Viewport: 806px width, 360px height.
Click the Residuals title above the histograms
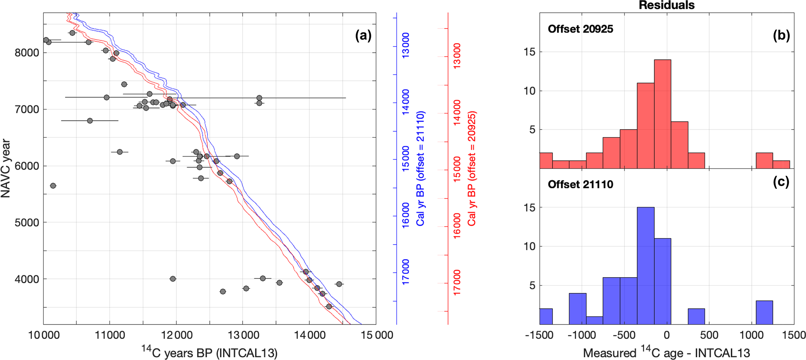pos(666,5)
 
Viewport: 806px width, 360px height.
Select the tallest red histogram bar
pos(663,114)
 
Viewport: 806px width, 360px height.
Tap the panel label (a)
pos(363,35)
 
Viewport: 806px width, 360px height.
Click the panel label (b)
pos(781,35)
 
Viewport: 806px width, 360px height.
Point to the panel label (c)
pos(781,182)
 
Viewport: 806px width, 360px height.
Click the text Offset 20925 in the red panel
pos(580,29)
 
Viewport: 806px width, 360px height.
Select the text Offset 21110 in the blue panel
pos(580,184)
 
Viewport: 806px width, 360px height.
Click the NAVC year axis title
pos(5,168)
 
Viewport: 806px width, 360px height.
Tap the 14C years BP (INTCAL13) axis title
pos(209,352)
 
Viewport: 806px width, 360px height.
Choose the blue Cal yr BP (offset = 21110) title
pos(420,168)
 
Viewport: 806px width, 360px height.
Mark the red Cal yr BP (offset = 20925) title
pos(472,168)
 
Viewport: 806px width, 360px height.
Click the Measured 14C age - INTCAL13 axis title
pos(666,353)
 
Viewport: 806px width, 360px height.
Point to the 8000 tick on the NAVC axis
pos(27,53)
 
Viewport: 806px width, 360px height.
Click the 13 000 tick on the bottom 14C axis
pos(243,335)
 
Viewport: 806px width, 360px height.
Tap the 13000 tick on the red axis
pos(457,56)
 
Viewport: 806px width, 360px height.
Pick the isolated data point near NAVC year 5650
pos(53,186)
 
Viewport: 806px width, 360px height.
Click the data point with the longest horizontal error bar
pos(259,98)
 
